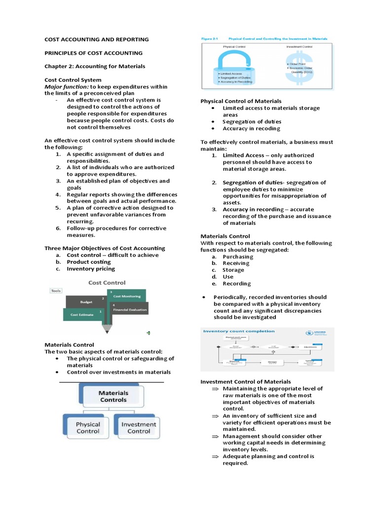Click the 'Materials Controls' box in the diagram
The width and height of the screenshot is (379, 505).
click(x=114, y=397)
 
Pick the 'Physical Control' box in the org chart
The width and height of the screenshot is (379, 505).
click(x=87, y=428)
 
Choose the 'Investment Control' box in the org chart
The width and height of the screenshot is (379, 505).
click(x=139, y=428)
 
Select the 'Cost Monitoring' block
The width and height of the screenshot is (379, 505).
click(x=127, y=296)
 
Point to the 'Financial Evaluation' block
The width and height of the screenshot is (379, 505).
click(x=129, y=310)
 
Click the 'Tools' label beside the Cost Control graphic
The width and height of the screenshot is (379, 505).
click(x=56, y=291)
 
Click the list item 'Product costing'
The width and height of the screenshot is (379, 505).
click(x=89, y=262)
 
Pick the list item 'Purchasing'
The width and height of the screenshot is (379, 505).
click(x=238, y=256)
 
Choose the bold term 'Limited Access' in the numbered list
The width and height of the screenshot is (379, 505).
click(x=243, y=155)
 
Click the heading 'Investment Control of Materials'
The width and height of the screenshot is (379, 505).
click(x=246, y=382)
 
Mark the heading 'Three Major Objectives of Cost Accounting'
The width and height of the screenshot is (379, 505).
click(x=105, y=248)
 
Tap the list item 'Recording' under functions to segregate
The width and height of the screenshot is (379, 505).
click(x=236, y=284)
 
